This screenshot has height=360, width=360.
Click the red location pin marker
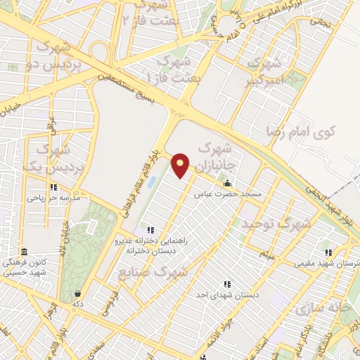coord(181,165)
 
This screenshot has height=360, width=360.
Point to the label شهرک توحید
coord(276,224)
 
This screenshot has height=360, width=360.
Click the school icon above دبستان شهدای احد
coord(227,284)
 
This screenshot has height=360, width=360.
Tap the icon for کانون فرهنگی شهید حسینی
coord(24,252)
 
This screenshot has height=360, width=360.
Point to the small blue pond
coord(151,181)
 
